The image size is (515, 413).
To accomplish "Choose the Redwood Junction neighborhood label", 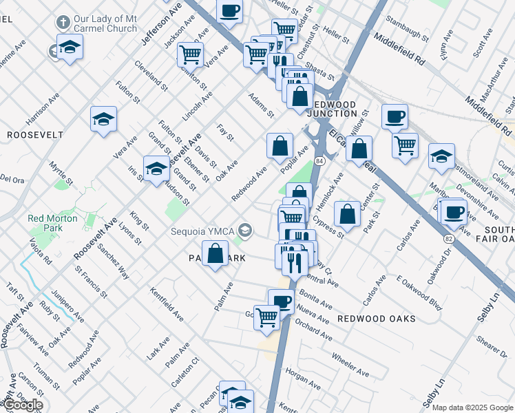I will coord(335,109).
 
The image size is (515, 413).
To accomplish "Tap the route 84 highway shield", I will coord(319,160).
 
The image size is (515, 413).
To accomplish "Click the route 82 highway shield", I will coord(449,238).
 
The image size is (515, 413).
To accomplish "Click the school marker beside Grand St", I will coord(156,168).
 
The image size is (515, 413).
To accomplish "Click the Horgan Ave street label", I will coord(302,379).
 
